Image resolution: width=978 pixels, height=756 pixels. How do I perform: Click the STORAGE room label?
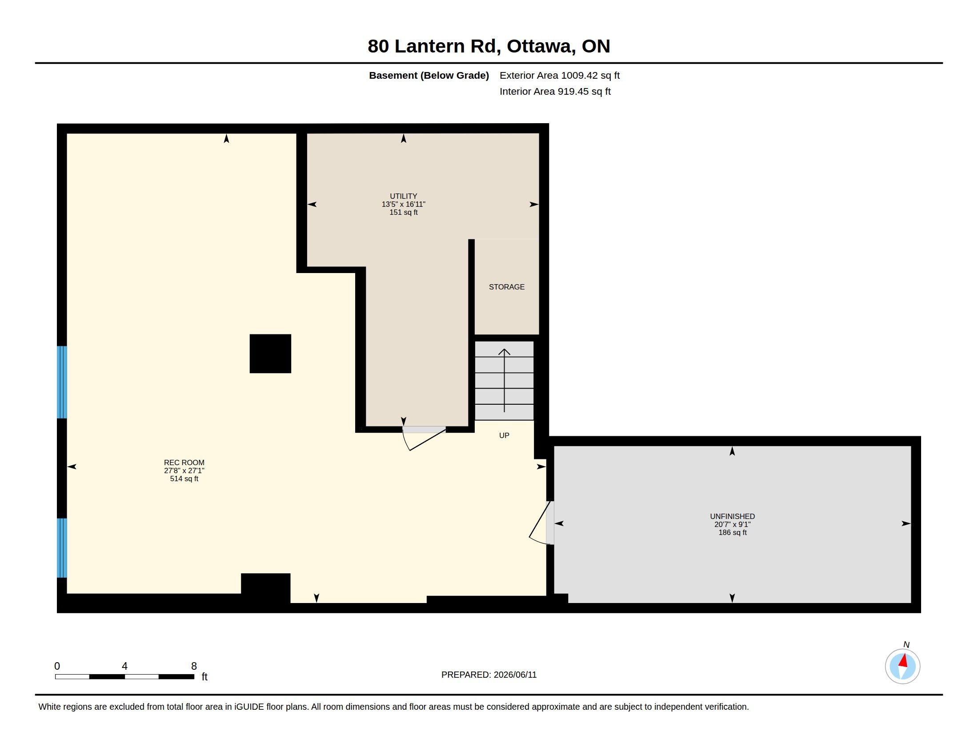pos(506,287)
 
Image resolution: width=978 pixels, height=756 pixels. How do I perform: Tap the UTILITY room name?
pos(403,196)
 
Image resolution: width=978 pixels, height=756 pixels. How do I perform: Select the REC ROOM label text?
pos(184,462)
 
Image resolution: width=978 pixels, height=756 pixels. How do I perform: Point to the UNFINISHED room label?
pos(732,516)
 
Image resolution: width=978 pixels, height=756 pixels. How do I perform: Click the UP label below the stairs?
pos(504,435)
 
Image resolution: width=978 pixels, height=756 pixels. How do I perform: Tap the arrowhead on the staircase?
pos(504,352)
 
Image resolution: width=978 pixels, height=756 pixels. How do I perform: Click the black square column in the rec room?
pos(270,354)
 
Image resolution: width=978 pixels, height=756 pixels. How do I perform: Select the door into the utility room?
pos(424,438)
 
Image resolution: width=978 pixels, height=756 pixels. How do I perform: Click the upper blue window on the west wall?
pos(62,382)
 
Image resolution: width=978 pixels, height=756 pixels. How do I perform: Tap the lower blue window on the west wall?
pos(62,548)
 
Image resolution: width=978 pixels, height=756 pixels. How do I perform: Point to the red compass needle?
pos(903,660)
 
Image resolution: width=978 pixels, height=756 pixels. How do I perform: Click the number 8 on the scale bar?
pos(194,666)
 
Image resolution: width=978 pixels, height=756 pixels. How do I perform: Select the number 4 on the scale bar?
pos(124,666)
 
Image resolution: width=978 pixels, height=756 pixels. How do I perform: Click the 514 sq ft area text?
pos(184,479)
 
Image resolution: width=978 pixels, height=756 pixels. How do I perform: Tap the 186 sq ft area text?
pos(733,532)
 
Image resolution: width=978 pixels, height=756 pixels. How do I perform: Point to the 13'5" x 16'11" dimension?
pos(404,204)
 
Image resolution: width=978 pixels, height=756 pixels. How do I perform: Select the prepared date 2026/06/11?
pos(515,675)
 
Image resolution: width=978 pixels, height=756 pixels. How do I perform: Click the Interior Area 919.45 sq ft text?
pos(555,91)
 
